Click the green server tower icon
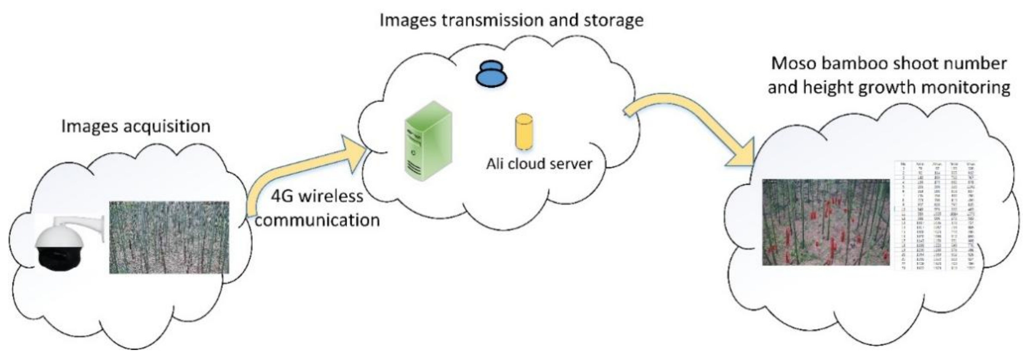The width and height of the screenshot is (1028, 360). [x=428, y=141]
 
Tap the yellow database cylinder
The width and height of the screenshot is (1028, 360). [x=524, y=132]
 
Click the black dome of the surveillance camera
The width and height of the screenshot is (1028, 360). [x=60, y=259]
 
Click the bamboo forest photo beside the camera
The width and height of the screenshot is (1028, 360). [x=169, y=238]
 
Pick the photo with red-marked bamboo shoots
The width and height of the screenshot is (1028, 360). [x=825, y=222]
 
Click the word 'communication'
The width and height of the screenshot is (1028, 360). [x=317, y=220]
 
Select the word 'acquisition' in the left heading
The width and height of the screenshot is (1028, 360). [x=166, y=126]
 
